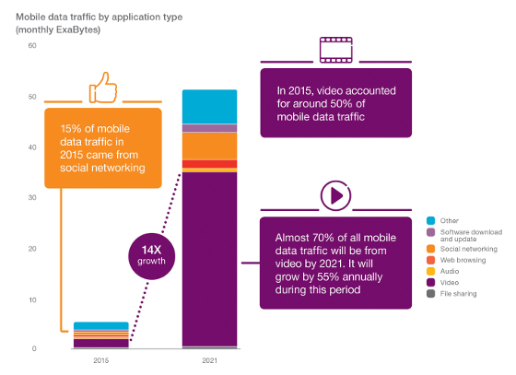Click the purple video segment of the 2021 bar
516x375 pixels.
[x=209, y=258]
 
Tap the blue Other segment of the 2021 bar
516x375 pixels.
[x=209, y=106]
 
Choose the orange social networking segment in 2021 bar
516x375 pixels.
[x=209, y=146]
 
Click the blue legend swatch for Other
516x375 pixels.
[x=431, y=221]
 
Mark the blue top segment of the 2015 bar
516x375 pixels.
[x=100, y=325]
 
